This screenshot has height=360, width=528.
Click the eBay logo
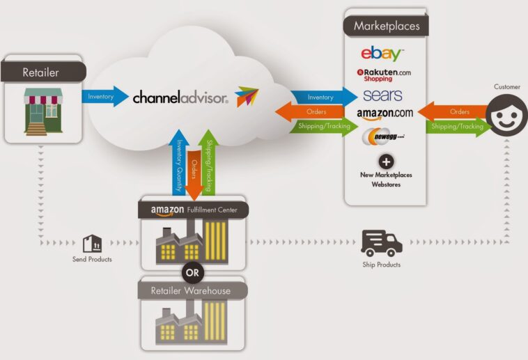tap(381, 53)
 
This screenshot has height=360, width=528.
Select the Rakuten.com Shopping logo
tap(384, 75)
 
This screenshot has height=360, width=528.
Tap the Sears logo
tap(382, 95)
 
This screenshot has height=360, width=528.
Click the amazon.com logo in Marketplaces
tap(385, 113)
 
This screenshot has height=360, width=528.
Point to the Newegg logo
tap(382, 137)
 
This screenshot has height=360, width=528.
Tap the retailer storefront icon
tap(43, 111)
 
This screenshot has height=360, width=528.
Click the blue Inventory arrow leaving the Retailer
tap(104, 96)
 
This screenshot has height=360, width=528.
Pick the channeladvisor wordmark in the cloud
tap(180, 98)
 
